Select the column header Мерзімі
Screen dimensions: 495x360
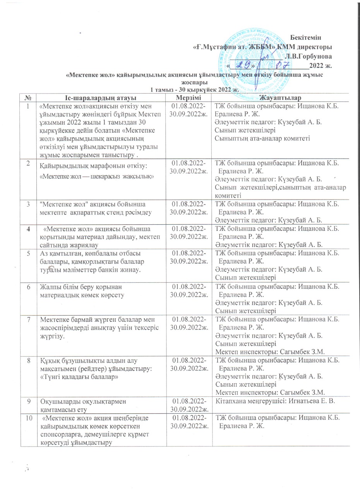tap(188, 96)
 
